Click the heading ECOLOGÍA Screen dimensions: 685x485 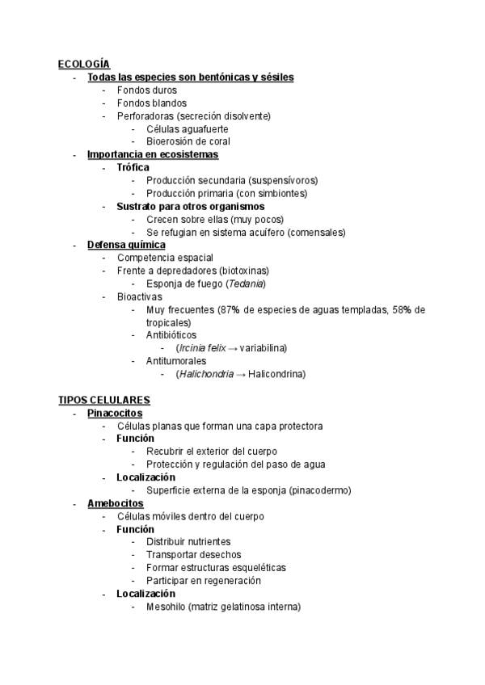84,64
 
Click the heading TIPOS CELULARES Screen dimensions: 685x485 104,400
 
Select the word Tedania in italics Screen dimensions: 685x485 246,284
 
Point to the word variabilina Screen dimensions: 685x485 263,348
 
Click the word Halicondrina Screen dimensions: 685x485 277,374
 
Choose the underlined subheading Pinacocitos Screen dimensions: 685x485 115,413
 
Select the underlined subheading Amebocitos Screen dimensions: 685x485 116,503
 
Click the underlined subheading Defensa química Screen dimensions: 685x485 126,245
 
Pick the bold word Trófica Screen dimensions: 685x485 133,167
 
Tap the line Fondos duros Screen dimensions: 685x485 147,90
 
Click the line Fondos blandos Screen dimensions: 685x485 152,103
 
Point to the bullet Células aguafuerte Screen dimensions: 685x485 187,128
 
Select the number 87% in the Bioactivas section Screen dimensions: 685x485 228,309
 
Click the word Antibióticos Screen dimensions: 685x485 171,335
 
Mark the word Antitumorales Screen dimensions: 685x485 175,361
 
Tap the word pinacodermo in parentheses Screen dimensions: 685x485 319,490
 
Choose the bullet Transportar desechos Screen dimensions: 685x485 193,555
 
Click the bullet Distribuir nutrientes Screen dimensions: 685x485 188,542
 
